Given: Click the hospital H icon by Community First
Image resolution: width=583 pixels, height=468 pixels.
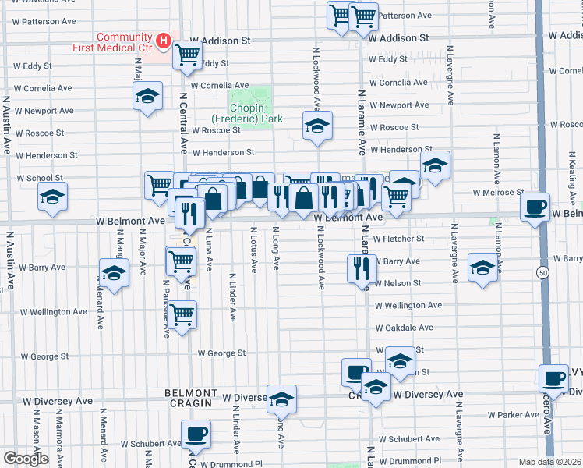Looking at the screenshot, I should pos(164,40).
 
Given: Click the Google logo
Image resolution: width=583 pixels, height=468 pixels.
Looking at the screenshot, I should pos(25,459).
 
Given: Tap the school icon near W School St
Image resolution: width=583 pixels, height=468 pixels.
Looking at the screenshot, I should pos(52,197).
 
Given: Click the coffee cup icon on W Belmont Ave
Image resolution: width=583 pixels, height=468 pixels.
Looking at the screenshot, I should pos(535,207).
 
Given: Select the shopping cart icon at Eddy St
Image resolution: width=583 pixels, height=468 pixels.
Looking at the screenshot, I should pos(187,55).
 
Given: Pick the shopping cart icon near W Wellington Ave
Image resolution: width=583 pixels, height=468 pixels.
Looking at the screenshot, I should pos(182,315).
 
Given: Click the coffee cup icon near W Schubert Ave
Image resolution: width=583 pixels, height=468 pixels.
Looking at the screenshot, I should pos(196,433).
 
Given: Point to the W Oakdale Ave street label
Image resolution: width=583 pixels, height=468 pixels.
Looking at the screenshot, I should pos(404,328).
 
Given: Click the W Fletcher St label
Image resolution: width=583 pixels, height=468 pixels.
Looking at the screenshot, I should pos(398,239).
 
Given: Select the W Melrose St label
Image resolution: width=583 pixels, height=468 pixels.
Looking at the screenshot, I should pos(499,193).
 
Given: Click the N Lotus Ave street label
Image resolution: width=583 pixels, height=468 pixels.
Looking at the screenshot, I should pos(254,250).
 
